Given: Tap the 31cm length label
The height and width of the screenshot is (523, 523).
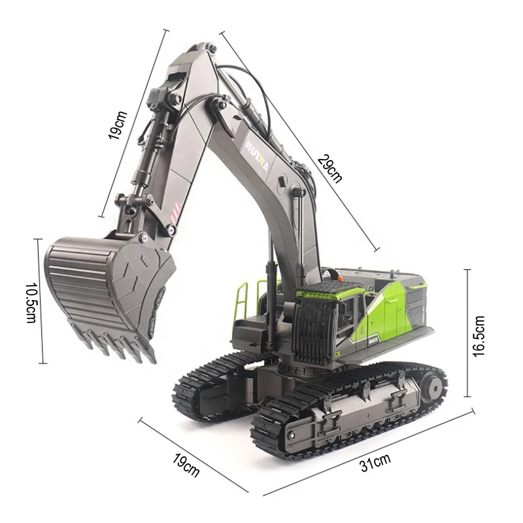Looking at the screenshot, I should coord(375,462).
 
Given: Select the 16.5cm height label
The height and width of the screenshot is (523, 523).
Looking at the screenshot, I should coord(479,335).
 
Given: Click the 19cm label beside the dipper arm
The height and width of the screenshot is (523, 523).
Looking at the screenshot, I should coord(118,124).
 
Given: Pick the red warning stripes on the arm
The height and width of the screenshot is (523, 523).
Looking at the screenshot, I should coord(175,212).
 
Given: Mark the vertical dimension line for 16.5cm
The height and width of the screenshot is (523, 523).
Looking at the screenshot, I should coord(467,333).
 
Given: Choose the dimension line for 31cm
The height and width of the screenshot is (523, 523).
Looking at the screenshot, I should coord(369,452).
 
